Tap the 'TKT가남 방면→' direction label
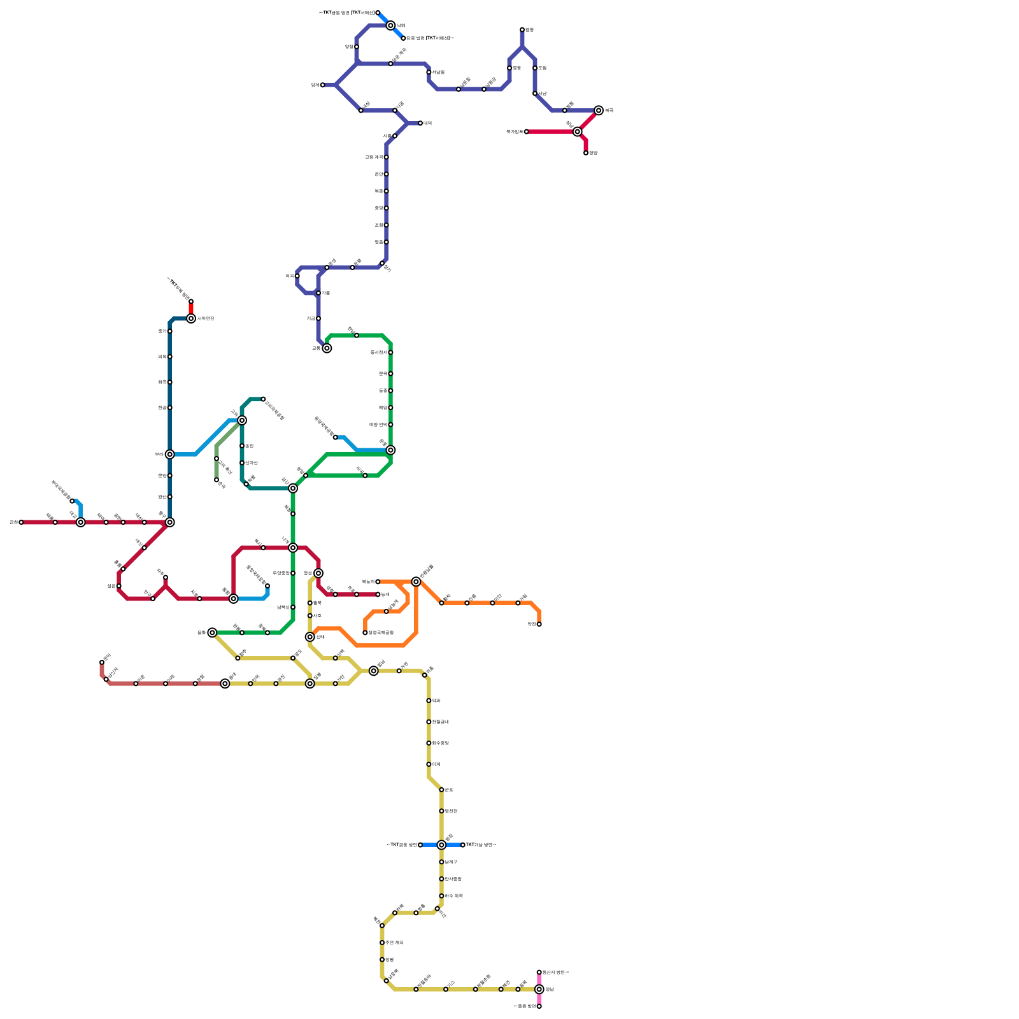[481, 845]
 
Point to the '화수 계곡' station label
[453, 896]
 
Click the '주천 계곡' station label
[394, 943]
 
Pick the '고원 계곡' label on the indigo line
[374, 157]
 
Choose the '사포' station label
[317, 616]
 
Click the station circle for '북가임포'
[527, 132]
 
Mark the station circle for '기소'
[446, 989]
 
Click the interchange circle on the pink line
[539, 989]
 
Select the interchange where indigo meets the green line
[327, 348]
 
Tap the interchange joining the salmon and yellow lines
[225, 683]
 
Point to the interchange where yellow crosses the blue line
[441, 845]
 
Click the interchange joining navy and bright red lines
[191, 318]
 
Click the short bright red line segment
[191, 309]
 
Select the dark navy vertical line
[170, 395]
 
